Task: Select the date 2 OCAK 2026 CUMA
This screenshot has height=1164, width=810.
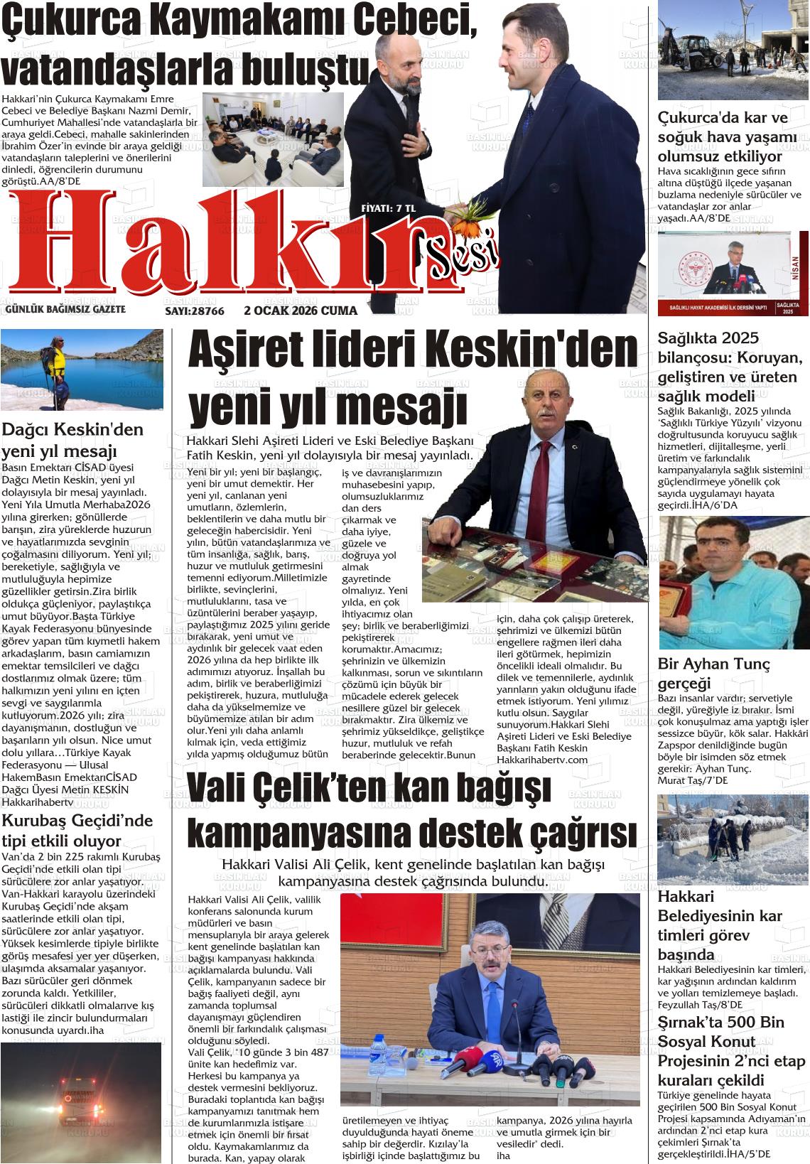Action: [x=301, y=311]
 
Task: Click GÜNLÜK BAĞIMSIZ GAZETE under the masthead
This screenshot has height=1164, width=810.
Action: [x=65, y=310]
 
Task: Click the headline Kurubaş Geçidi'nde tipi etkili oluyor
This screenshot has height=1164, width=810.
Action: [x=78, y=831]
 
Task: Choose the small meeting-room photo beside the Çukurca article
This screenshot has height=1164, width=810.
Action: [x=273, y=140]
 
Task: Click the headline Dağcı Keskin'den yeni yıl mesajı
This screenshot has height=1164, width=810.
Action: [x=72, y=439]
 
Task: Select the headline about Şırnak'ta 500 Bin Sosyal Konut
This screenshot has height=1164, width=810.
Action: [x=721, y=1050]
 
